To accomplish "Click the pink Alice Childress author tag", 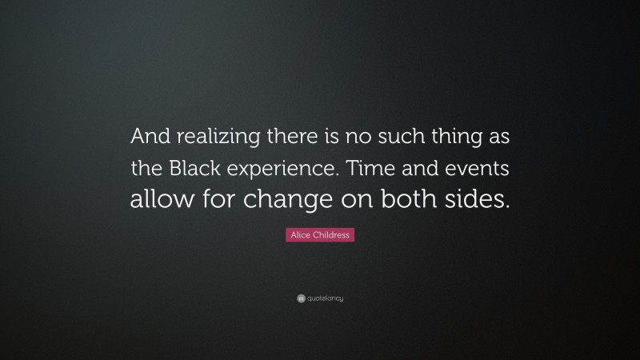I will click(x=320, y=235).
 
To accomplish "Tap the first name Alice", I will click(x=301, y=235).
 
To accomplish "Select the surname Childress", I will click(x=330, y=235).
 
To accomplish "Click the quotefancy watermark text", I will click(x=325, y=298).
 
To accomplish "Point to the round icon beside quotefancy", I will click(x=300, y=298).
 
